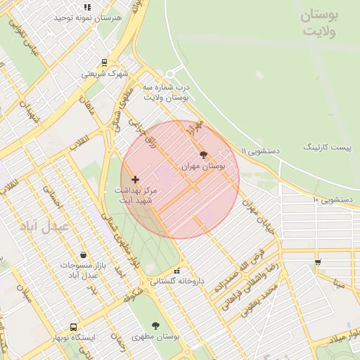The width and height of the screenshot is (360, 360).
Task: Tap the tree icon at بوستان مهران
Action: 204,155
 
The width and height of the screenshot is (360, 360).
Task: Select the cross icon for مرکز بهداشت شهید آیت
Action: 136,180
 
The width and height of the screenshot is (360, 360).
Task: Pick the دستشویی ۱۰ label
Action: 332,200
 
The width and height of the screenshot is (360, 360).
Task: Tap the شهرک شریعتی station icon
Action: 105,62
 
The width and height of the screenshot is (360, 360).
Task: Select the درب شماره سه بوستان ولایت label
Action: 167,92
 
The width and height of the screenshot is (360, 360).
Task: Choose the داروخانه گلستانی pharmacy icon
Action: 176,271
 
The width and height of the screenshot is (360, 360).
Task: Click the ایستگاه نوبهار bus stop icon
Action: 74,327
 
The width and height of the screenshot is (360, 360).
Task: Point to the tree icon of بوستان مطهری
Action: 155,326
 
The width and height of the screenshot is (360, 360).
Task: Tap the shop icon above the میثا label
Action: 318,262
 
